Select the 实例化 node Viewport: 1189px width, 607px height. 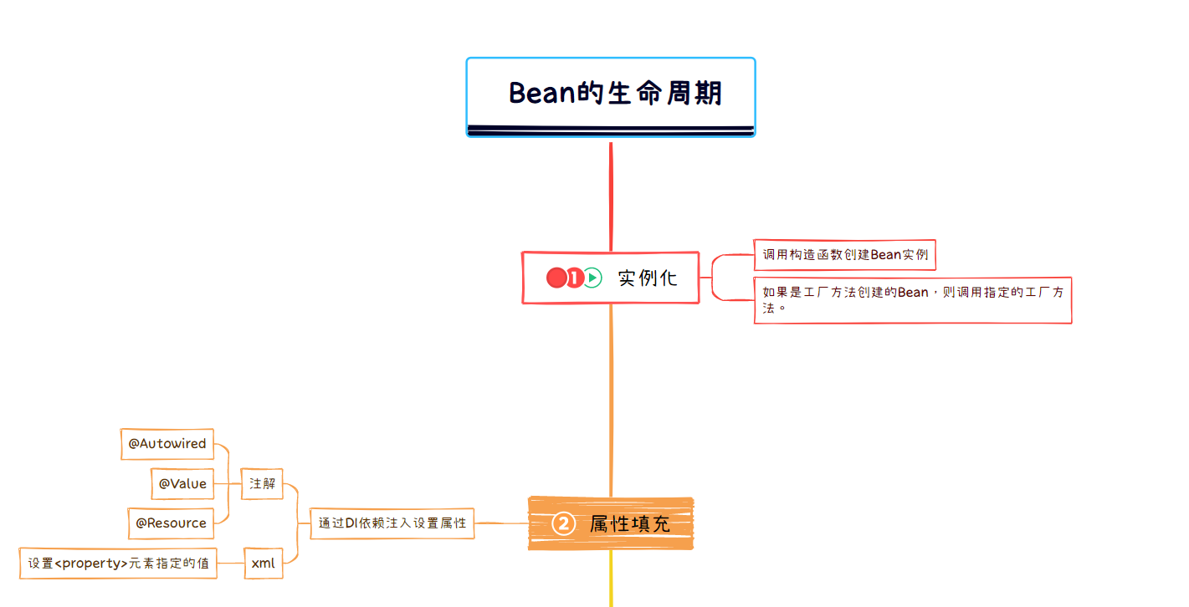(x=646, y=278)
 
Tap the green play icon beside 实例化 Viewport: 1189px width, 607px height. (x=592, y=278)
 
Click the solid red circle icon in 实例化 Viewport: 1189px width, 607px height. (x=556, y=278)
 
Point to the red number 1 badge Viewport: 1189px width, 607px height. (x=574, y=278)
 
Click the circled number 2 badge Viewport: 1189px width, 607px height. (x=563, y=524)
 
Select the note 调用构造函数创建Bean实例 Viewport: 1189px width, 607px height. (x=844, y=255)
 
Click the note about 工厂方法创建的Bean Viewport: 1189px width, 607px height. (x=912, y=299)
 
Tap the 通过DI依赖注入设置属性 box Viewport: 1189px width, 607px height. (x=392, y=523)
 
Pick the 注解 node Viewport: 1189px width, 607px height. (x=262, y=484)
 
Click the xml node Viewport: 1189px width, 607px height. (x=263, y=564)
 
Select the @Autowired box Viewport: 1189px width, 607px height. (x=167, y=444)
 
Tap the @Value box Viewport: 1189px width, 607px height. (x=182, y=483)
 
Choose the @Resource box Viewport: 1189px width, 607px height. (x=171, y=523)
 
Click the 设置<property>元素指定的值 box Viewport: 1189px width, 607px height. (x=118, y=564)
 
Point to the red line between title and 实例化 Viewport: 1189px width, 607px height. (x=611, y=196)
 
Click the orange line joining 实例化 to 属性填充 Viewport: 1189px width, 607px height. (x=611, y=401)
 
